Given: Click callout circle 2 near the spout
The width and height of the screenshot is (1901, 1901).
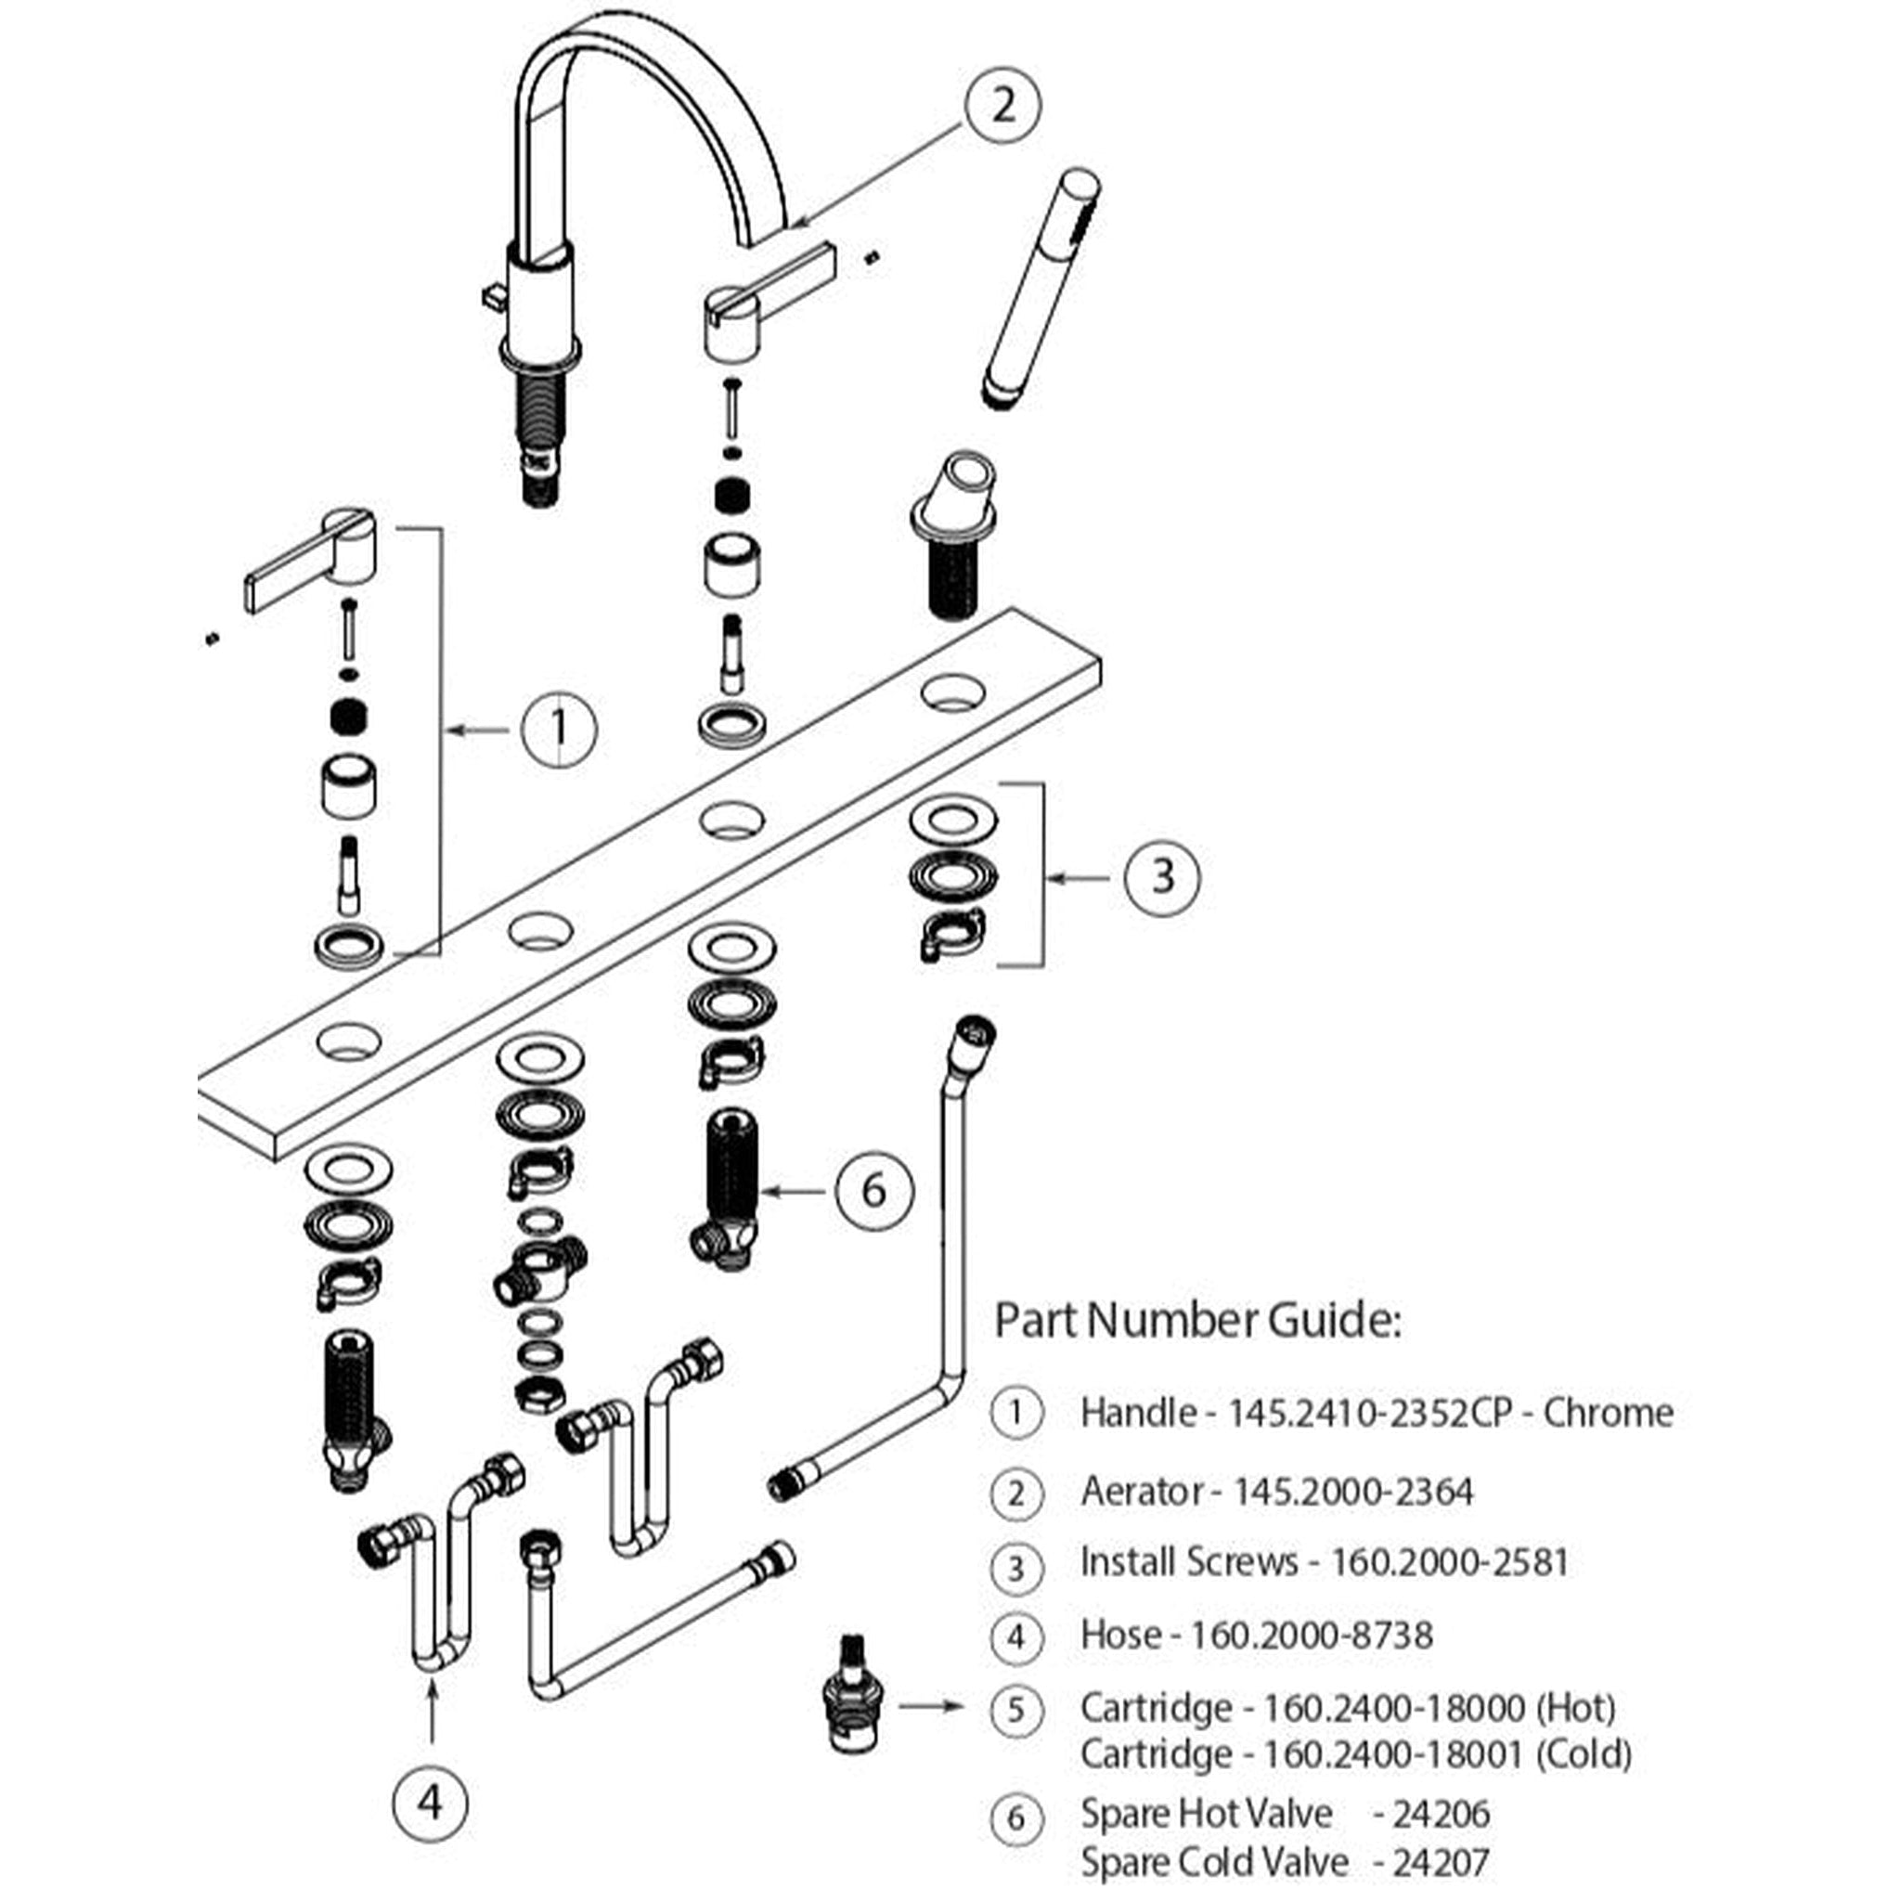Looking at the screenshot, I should (1002, 105).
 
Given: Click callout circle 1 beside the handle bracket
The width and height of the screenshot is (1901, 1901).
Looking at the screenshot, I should (559, 729).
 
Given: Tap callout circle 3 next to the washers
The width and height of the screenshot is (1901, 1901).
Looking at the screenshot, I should (1162, 875).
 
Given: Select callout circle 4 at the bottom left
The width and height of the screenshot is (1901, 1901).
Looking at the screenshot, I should (430, 1803).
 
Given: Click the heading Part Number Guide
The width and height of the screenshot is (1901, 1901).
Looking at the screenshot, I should (1196, 1321).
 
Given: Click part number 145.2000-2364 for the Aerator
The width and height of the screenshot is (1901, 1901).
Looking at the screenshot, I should (1354, 1492).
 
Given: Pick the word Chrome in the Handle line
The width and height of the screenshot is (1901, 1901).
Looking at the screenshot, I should (1608, 1413).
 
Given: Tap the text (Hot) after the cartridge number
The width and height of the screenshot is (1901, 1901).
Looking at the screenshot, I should (1576, 1707).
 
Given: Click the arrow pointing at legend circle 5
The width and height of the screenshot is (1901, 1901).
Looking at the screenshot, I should (930, 1706).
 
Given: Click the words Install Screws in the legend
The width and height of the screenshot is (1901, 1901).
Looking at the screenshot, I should (1189, 1561).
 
